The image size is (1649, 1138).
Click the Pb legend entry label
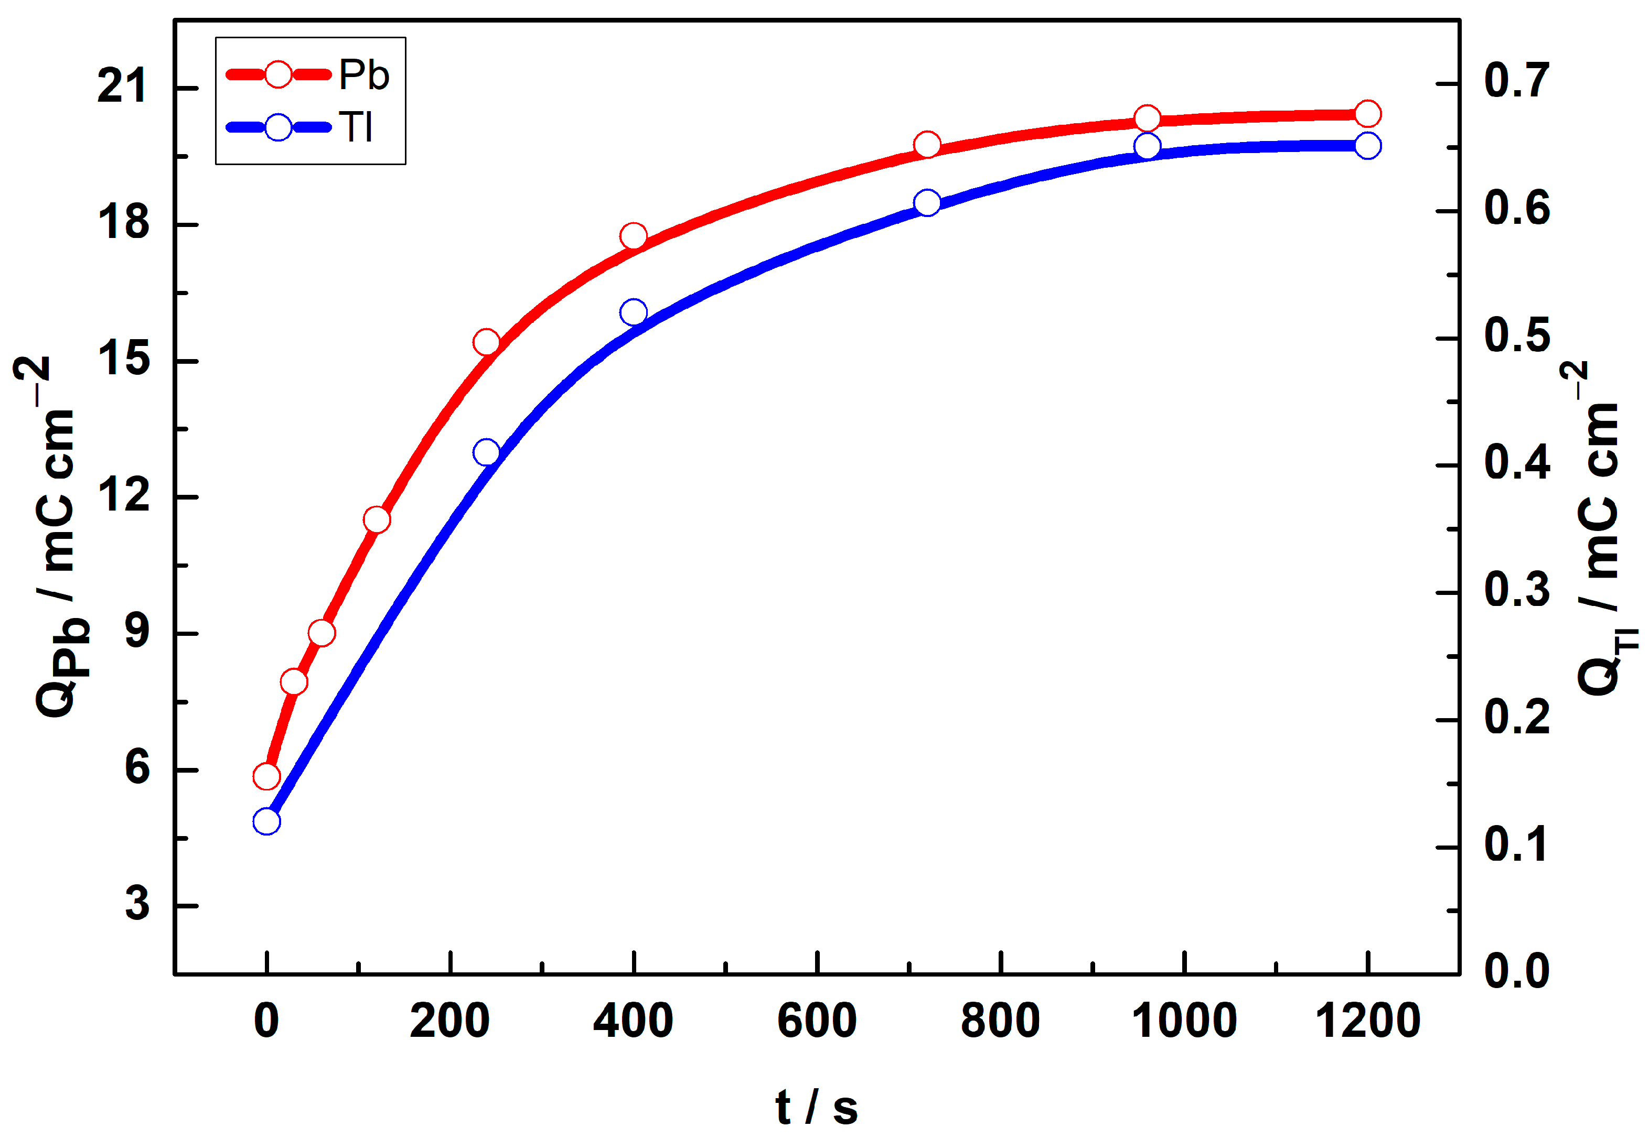pos(364,75)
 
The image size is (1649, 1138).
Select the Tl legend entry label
pos(356,128)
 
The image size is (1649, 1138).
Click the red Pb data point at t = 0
pos(266,776)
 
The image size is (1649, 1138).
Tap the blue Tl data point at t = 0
pos(266,822)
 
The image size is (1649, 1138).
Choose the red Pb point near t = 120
pos(377,520)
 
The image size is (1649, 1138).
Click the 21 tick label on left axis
pos(123,87)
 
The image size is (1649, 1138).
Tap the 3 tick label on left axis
pos(137,904)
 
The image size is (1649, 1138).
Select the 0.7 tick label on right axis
pos(1517,81)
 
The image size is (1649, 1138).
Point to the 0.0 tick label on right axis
pos(1517,971)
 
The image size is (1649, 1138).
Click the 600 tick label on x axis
pos(817,1021)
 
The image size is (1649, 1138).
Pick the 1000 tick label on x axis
pos(1184,1021)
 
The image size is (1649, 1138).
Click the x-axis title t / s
pos(817,1108)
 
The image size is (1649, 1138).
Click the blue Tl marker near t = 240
pos(486,453)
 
